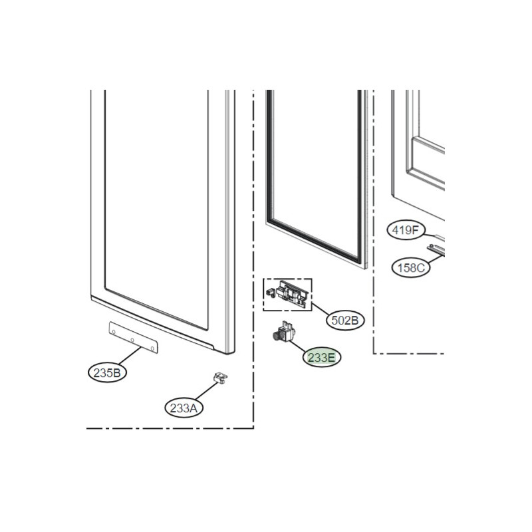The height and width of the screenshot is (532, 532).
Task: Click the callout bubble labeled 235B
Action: (x=107, y=373)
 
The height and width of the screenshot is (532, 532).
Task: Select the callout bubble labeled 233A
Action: (x=184, y=408)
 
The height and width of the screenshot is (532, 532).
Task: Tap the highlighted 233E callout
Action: (x=321, y=357)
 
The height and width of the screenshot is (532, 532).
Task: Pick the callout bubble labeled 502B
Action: (x=345, y=321)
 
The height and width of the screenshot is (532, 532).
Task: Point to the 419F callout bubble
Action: (x=406, y=230)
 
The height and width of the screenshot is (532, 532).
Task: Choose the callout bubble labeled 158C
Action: (x=411, y=268)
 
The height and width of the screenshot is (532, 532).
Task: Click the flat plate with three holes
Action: (x=134, y=338)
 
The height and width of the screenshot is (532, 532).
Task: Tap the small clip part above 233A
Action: (x=220, y=378)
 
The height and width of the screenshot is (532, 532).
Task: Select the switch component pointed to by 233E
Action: (x=284, y=332)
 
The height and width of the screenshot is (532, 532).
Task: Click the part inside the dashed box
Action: (x=288, y=294)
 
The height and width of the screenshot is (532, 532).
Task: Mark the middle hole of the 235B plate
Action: (x=132, y=340)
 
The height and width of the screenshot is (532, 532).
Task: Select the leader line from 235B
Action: (x=130, y=356)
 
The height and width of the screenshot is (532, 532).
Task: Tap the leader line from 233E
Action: (x=297, y=345)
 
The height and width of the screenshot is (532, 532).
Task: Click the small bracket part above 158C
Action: (x=436, y=249)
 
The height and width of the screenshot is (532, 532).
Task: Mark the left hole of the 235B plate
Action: (x=114, y=331)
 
